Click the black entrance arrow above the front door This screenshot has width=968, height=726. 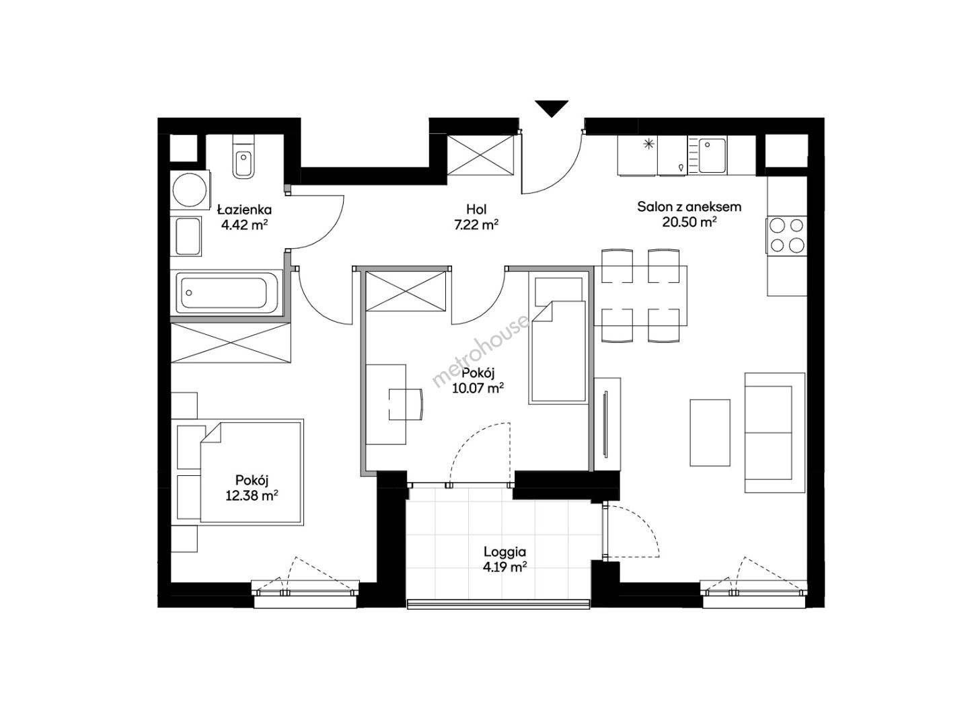[x=551, y=108]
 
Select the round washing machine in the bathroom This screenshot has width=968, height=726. [x=190, y=190]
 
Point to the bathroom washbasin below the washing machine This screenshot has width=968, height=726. [x=188, y=236]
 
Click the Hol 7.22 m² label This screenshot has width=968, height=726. [x=476, y=216]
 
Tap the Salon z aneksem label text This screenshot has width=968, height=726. [x=689, y=206]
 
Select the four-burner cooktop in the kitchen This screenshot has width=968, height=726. [x=786, y=236]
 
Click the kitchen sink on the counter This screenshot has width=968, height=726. [x=712, y=156]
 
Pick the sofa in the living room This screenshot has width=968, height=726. [x=774, y=432]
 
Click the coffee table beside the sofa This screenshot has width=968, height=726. [x=710, y=433]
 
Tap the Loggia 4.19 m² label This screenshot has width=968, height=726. [x=505, y=559]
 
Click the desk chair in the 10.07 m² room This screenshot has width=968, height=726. [x=406, y=404]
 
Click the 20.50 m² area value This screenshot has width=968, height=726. [x=689, y=223]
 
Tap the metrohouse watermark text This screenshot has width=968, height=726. [x=480, y=351]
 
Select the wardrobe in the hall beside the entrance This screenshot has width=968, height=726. [x=480, y=155]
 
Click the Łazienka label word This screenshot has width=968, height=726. [x=244, y=210]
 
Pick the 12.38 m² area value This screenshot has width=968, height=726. [x=252, y=495]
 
